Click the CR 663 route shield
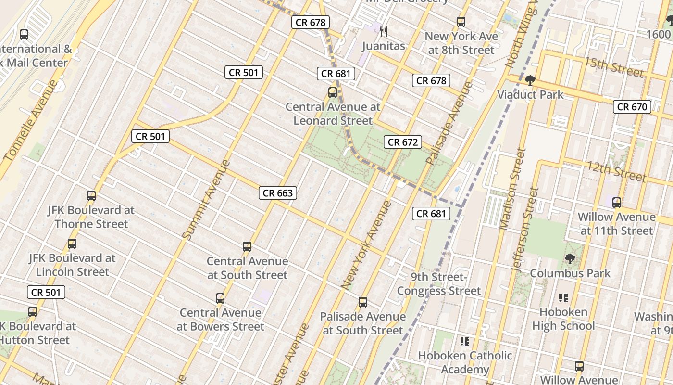[278, 193]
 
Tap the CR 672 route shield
[402, 142]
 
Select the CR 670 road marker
[632, 107]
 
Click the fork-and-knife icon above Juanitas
[383, 32]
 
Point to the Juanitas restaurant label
[383, 46]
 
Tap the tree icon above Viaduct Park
[530, 80]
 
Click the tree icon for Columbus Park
[570, 259]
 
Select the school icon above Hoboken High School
[563, 298]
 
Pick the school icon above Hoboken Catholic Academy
[464, 341]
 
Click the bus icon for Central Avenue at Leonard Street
[333, 92]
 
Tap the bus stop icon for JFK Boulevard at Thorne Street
[91, 196]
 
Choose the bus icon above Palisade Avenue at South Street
[363, 302]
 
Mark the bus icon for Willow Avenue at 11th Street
[617, 203]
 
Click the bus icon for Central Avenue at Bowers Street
[220, 298]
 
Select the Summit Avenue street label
[207, 199]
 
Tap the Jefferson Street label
[525, 229]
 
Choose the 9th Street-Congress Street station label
[438, 284]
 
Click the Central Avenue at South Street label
[247, 268]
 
